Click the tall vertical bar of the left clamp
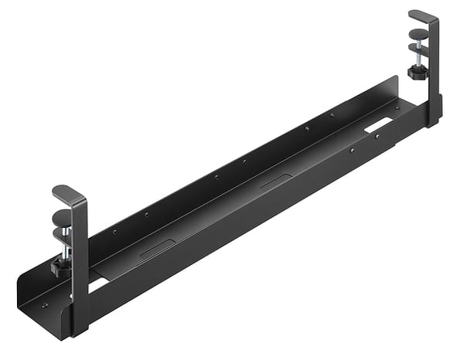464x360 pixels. (x=80, y=255)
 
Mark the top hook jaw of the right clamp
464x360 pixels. (x=422, y=15)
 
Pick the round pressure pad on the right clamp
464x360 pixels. (x=418, y=34)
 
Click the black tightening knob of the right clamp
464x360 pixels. (x=418, y=72)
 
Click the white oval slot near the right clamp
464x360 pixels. (x=378, y=124)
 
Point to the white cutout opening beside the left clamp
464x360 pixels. (x=96, y=284)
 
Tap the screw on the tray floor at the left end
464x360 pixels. (x=44, y=304)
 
